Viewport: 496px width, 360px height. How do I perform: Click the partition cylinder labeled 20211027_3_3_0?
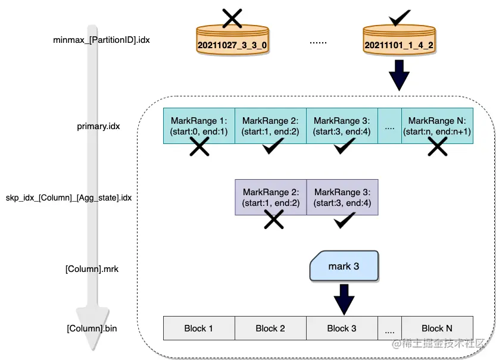[x=232, y=43]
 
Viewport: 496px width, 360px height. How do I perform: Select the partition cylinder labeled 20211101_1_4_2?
[x=398, y=43]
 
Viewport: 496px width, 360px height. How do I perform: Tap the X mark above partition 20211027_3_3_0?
[x=232, y=18]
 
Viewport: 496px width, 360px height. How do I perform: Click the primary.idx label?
[x=99, y=126]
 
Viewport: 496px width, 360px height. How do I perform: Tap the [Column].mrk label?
[x=92, y=269]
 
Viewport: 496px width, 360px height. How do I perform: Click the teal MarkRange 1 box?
[x=199, y=126]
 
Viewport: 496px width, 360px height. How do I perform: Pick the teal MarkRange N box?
[x=437, y=126]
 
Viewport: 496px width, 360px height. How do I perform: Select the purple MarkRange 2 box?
[x=271, y=197]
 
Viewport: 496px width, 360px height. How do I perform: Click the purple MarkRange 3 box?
[x=342, y=197]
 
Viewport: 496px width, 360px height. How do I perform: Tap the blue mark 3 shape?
[x=344, y=265]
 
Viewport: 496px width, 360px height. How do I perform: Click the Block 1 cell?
[x=199, y=328]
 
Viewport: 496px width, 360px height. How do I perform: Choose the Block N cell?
[x=437, y=328]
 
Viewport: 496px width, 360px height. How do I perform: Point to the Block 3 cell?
[x=342, y=328]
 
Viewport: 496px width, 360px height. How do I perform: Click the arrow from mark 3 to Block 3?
[x=343, y=298]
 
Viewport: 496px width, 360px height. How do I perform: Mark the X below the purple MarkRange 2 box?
[x=273, y=220]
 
